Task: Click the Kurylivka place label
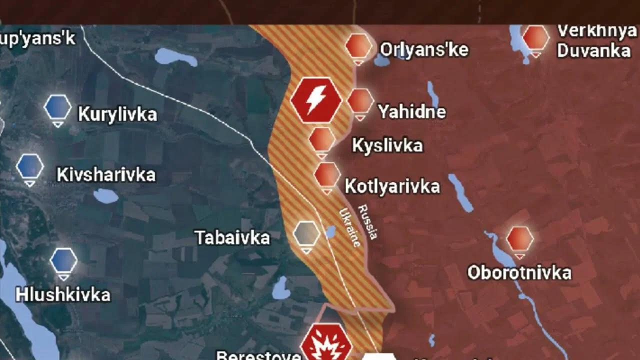(x=117, y=114)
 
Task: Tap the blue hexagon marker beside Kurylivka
(x=58, y=107)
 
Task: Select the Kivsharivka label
(x=106, y=175)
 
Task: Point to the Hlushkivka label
(x=63, y=294)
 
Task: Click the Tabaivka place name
(x=232, y=237)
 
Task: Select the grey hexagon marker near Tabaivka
(x=306, y=233)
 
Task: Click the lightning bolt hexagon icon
(x=316, y=100)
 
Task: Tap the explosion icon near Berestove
(x=326, y=344)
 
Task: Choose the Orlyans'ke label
(x=424, y=49)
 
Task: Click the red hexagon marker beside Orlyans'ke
(x=358, y=46)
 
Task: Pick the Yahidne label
(x=411, y=111)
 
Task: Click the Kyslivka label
(x=387, y=145)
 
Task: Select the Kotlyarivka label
(x=392, y=186)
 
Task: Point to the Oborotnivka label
(x=519, y=272)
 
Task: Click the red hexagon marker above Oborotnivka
(x=520, y=239)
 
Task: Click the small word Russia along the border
(x=367, y=221)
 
